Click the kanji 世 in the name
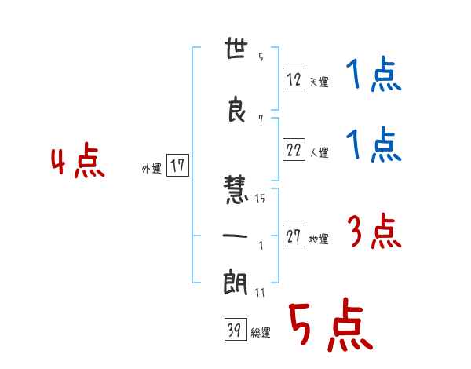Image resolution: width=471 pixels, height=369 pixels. coord(236,48)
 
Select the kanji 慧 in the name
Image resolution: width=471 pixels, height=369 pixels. coord(235,190)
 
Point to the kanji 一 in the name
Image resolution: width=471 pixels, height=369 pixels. coord(235,236)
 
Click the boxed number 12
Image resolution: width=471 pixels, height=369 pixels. coord(294,79)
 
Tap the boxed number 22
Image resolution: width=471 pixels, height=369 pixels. coord(294,149)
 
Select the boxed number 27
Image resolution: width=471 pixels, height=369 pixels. coord(294,236)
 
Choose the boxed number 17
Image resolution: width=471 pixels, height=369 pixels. coord(177,166)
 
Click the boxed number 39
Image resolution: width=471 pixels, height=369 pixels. coord(235,329)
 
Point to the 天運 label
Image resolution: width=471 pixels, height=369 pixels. coord(319,82)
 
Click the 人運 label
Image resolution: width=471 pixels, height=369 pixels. coord(319,152)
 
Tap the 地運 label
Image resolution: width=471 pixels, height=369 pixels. coord(319,239)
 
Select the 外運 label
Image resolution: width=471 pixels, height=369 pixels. coord(152,169)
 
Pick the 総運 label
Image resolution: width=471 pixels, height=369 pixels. coord(261,332)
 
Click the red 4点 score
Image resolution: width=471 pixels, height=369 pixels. coord(78,160)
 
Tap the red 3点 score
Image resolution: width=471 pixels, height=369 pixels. coord(374,231)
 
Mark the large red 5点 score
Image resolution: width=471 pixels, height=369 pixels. coord(331,324)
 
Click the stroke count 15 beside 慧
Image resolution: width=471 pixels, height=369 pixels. coord(260,198)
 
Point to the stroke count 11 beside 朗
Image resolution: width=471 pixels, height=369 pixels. coord(260,292)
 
